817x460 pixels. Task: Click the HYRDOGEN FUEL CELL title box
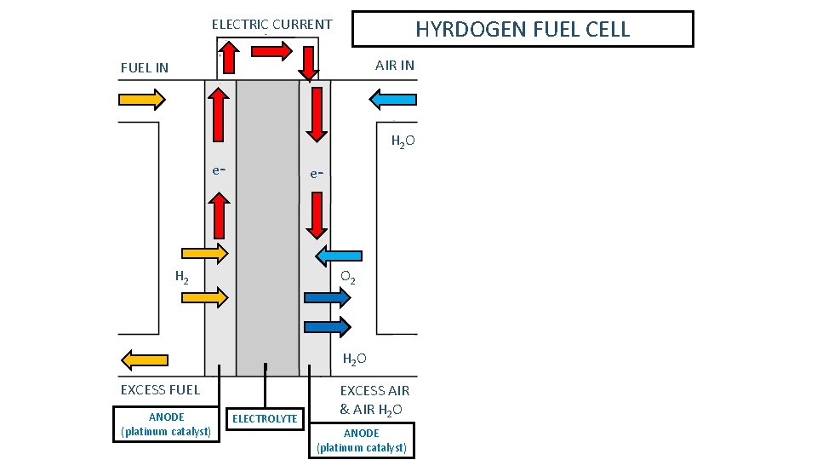coord(523,29)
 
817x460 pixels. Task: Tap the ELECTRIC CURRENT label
coord(271,24)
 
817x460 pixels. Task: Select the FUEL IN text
coord(145,67)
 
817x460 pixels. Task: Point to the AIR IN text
coord(394,66)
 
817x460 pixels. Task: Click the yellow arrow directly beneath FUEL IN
coord(141,101)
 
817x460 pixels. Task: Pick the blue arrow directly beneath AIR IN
coord(392,101)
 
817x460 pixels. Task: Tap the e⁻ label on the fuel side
coord(219,170)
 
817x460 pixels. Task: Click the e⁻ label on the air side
coord(316,174)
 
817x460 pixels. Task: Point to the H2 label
coord(181,276)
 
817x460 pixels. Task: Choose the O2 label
coord(347,278)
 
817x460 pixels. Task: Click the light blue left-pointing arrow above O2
coord(339,256)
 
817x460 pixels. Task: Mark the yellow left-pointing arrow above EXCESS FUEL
coord(145,359)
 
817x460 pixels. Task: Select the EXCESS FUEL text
coord(160,390)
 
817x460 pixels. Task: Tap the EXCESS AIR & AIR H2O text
coord(374,400)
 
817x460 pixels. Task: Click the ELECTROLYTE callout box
coord(265,418)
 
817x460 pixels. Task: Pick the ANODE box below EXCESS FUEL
coord(166,423)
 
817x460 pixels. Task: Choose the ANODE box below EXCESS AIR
coord(362,440)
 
